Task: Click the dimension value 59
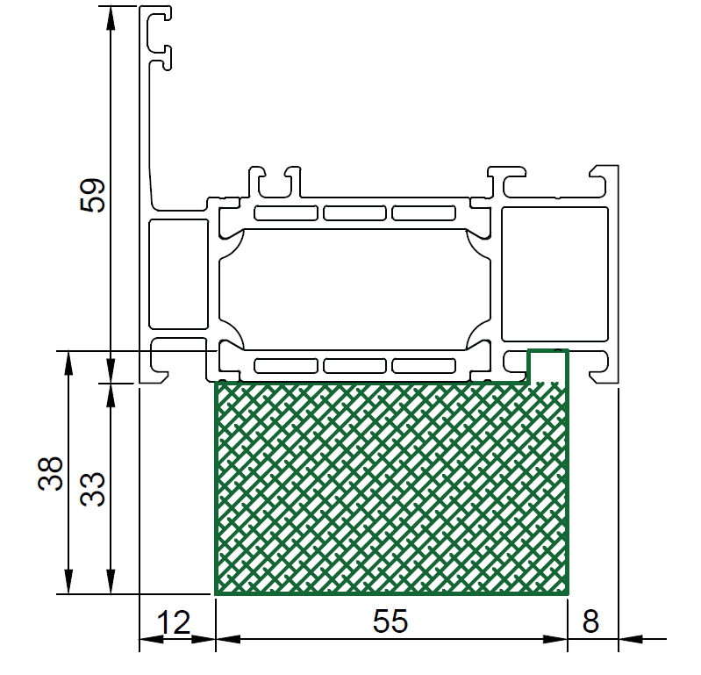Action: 92,195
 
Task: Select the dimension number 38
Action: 50,474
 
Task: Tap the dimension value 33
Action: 92,490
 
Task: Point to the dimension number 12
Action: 174,622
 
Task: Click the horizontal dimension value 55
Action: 390,621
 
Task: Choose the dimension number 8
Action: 590,621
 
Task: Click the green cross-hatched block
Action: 391,488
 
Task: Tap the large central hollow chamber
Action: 354,289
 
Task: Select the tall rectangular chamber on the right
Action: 554,274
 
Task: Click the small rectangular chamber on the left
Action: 178,274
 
